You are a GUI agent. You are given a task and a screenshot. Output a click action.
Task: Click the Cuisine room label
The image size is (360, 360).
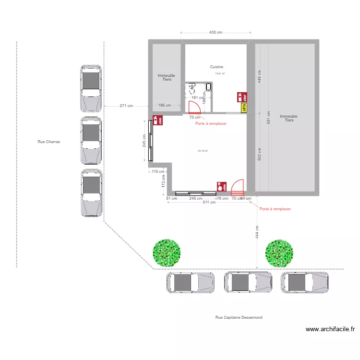pos(216,67)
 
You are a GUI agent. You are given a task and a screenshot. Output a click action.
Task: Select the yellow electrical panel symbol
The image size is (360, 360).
pos(243,108)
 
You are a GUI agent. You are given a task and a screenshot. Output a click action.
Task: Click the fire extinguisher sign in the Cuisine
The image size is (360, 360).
pos(240,96)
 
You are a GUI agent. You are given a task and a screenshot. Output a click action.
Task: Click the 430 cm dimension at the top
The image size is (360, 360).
pos(216,33)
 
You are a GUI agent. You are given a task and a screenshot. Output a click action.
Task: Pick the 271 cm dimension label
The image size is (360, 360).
pos(126,106)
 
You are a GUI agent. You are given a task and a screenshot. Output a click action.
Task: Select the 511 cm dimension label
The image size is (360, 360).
pos(209,203)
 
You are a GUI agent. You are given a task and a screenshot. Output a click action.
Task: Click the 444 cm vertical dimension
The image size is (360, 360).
pos(257,233)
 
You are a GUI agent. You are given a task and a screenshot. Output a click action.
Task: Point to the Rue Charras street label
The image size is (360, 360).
pos(49,142)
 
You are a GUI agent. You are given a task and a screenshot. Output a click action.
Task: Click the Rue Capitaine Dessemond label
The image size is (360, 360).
pos(239,317)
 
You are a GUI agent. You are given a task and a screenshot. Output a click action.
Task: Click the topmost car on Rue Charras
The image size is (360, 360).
pos(91,88)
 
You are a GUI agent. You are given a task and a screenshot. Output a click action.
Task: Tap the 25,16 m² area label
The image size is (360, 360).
pos(203,151)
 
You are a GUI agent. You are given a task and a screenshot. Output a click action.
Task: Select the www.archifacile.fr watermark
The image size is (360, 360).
pos(330,329)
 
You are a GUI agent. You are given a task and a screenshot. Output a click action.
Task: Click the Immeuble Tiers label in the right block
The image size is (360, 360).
pos(288,118)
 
